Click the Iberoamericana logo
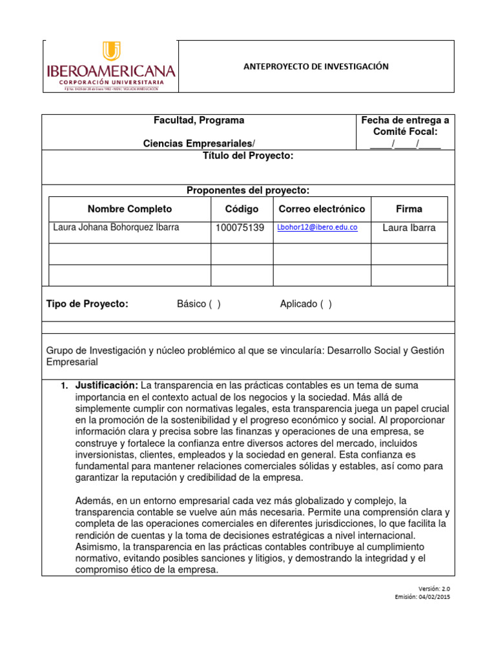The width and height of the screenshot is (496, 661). [x=110, y=66]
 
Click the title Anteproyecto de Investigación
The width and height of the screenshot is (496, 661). [x=315, y=66]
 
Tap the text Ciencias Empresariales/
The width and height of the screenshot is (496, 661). [x=199, y=143]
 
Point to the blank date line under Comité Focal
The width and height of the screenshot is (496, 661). [x=405, y=143]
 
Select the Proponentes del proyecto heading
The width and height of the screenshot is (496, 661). [x=248, y=190]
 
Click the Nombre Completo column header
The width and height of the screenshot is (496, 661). [x=130, y=209]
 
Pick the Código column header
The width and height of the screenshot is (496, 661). [x=242, y=209]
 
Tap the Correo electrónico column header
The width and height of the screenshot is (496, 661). [x=322, y=209]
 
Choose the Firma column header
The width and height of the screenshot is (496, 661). [x=409, y=209]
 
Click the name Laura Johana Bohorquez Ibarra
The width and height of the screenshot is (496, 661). [x=116, y=228]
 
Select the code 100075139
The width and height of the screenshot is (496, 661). [x=240, y=228]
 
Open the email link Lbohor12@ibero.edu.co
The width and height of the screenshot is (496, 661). [x=317, y=228]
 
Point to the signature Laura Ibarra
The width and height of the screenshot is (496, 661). [x=409, y=228]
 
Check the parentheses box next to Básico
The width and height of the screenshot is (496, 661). [x=214, y=305]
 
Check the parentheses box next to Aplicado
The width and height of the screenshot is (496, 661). [x=325, y=305]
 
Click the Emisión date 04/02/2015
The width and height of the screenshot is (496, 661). [x=434, y=597]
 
